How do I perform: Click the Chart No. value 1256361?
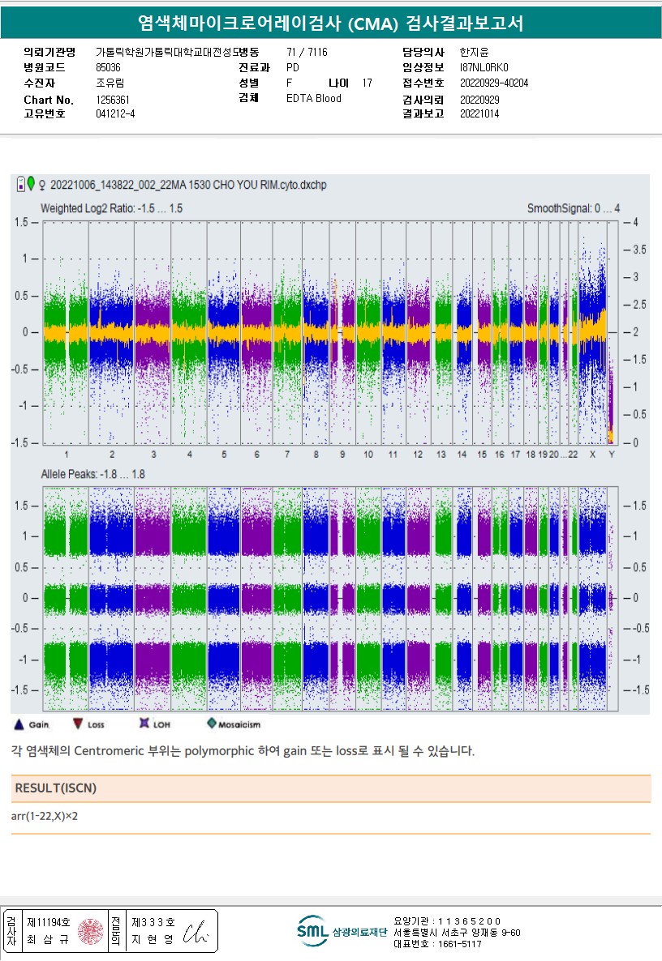(113, 100)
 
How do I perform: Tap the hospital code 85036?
(108, 68)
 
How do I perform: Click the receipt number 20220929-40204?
(493, 83)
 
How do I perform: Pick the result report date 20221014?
(479, 114)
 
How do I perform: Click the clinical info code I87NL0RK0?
(484, 68)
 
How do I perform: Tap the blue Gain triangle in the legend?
(18, 724)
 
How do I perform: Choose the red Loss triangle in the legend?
(78, 724)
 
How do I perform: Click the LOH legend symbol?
(144, 724)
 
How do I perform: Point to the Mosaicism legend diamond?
(212, 724)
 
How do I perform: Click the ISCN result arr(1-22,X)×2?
(45, 816)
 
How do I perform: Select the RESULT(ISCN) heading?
(56, 788)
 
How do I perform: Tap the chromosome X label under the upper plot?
(593, 455)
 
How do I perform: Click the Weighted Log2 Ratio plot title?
(111, 208)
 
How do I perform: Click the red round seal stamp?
(91, 931)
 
